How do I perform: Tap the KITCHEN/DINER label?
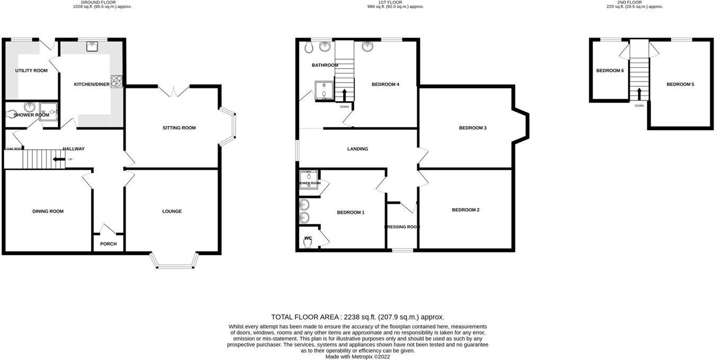pos(92,84)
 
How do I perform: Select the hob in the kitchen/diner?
pos(117,82)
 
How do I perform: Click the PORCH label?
pos(108,244)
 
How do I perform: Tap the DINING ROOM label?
pos(48,211)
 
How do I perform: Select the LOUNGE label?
pos(172,211)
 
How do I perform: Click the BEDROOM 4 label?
pos(385,84)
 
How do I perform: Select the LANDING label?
pos(358,149)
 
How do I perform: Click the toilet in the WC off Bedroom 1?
pos(308,241)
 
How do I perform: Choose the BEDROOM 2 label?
pos(466,210)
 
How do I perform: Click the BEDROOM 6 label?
pos(610,70)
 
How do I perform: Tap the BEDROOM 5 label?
pos(680,84)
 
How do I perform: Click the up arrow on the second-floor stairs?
pos(639,94)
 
